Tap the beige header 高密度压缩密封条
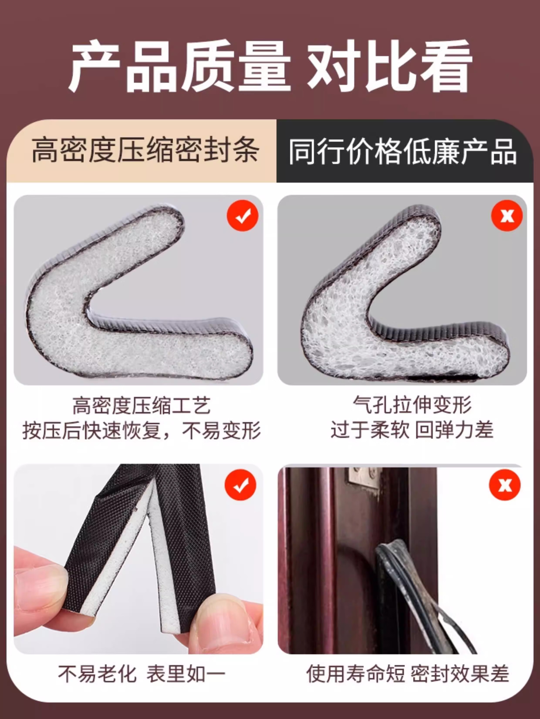coord(145,151)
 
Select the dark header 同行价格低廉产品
coord(403,151)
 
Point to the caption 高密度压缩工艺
coord(142,405)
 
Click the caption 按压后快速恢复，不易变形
coord(142,430)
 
